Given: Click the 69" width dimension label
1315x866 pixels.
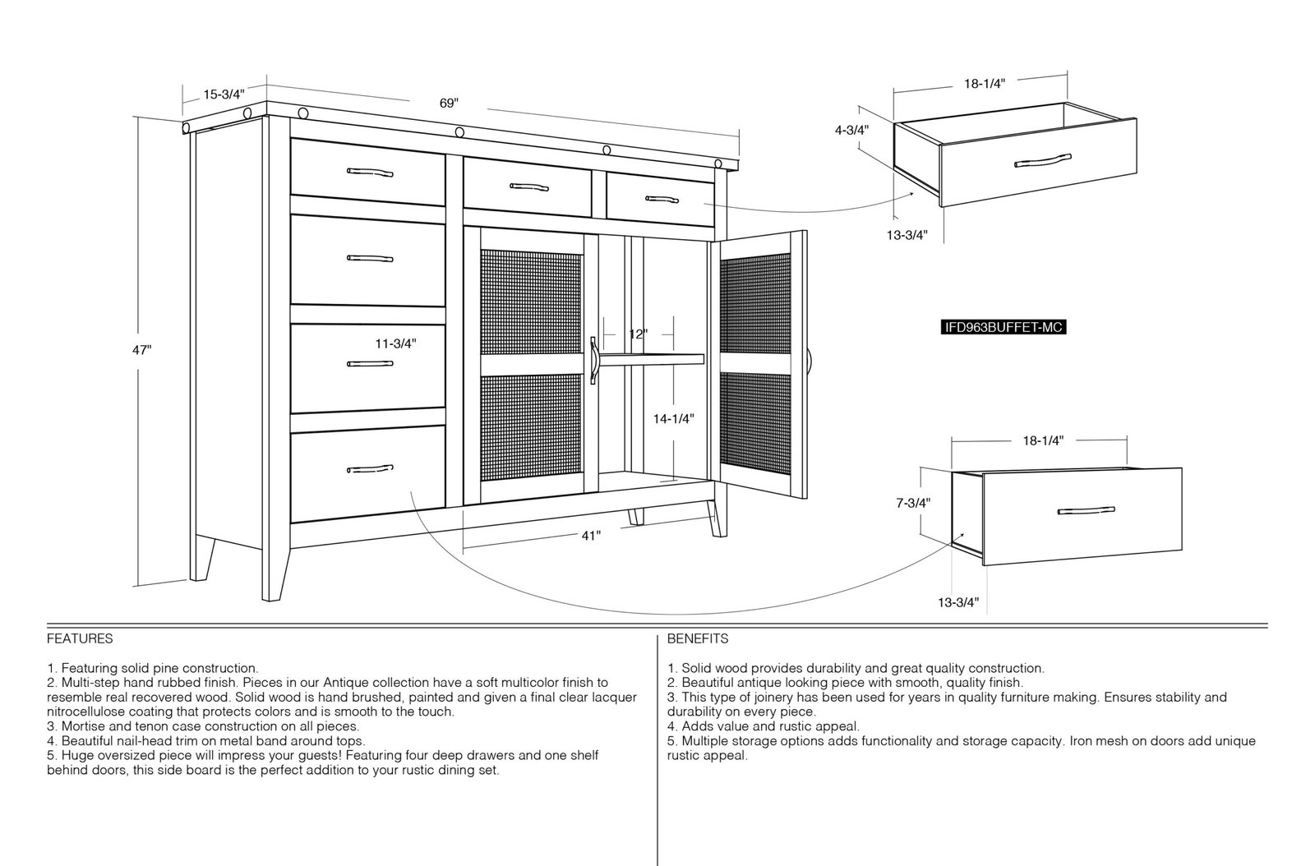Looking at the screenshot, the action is tap(449, 104).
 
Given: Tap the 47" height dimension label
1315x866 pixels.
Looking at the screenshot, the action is tap(141, 350).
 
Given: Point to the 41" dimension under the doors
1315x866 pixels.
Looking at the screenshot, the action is tap(591, 536).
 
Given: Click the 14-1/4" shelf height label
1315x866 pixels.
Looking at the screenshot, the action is tap(674, 419).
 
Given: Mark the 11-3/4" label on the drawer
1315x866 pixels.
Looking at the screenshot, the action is tap(395, 343).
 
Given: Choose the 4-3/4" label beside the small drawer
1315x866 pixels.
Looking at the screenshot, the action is tap(851, 131).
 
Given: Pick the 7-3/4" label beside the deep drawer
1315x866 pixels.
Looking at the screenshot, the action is tap(913, 503).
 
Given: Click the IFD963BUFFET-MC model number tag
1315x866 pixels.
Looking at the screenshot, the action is tap(1004, 327).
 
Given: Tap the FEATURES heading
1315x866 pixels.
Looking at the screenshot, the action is tap(80, 638).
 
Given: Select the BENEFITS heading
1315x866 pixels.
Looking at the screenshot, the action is tap(698, 638).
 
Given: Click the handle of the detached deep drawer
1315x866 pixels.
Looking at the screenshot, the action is tap(1086, 510).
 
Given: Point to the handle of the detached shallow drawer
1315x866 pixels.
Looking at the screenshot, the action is tap(1043, 160).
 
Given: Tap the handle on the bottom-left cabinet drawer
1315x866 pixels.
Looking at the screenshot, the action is tap(370, 469).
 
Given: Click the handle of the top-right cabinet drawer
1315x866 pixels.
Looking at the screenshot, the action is tap(662, 200).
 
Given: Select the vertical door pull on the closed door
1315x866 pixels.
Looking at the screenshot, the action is tap(593, 361).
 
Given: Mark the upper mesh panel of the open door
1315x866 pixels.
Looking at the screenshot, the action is tap(755, 304).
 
